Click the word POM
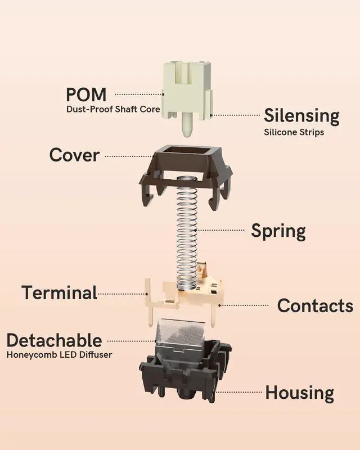(x=86, y=94)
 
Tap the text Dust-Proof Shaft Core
(x=113, y=109)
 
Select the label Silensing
(x=301, y=116)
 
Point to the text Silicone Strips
(x=294, y=133)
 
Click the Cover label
(x=74, y=155)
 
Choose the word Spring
(x=278, y=231)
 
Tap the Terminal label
(x=59, y=292)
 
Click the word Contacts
(x=315, y=306)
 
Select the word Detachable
(x=54, y=340)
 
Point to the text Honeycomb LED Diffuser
(x=59, y=355)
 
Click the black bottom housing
(x=186, y=374)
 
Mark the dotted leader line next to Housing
(x=236, y=391)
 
